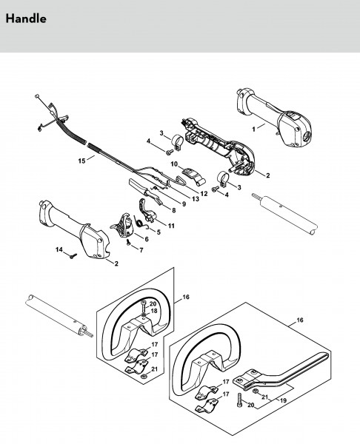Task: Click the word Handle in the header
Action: pyautogui.click(x=26, y=19)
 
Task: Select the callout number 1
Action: pyautogui.click(x=253, y=129)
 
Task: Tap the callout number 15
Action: pyautogui.click(x=81, y=161)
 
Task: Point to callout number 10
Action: pyautogui.click(x=174, y=164)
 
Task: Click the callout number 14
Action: pyautogui.click(x=59, y=249)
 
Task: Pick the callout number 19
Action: pyautogui.click(x=283, y=400)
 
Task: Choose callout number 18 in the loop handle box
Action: pyautogui.click(x=153, y=311)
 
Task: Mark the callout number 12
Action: pyautogui.click(x=204, y=193)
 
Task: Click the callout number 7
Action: pyautogui.click(x=141, y=250)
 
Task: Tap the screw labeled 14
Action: pyautogui.click(x=73, y=256)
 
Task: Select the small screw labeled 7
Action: pyautogui.click(x=128, y=243)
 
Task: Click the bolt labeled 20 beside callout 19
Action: pyautogui.click(x=239, y=400)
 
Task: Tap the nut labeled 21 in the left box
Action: pyautogui.click(x=144, y=376)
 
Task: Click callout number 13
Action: pyautogui.click(x=196, y=199)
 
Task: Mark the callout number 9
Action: pyautogui.click(x=184, y=204)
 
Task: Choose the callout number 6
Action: pyautogui.click(x=147, y=239)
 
